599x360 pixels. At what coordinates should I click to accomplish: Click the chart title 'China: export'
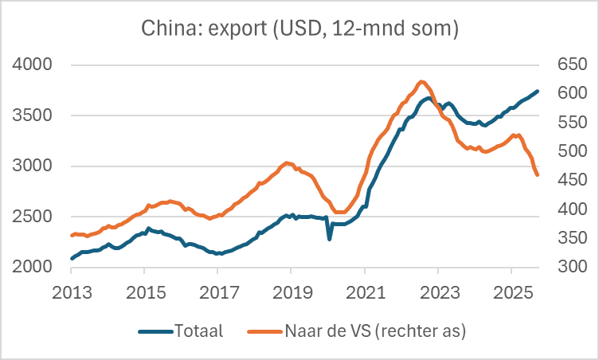[299, 29]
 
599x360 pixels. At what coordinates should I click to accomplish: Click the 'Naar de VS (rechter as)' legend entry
[362, 330]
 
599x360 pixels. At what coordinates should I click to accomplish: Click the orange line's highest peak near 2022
[422, 81]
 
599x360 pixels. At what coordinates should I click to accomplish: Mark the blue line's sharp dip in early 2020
[330, 238]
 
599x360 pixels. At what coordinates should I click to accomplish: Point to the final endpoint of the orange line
[538, 175]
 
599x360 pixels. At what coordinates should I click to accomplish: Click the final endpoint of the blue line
[538, 91]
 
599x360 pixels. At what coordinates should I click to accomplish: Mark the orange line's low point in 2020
[339, 213]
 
